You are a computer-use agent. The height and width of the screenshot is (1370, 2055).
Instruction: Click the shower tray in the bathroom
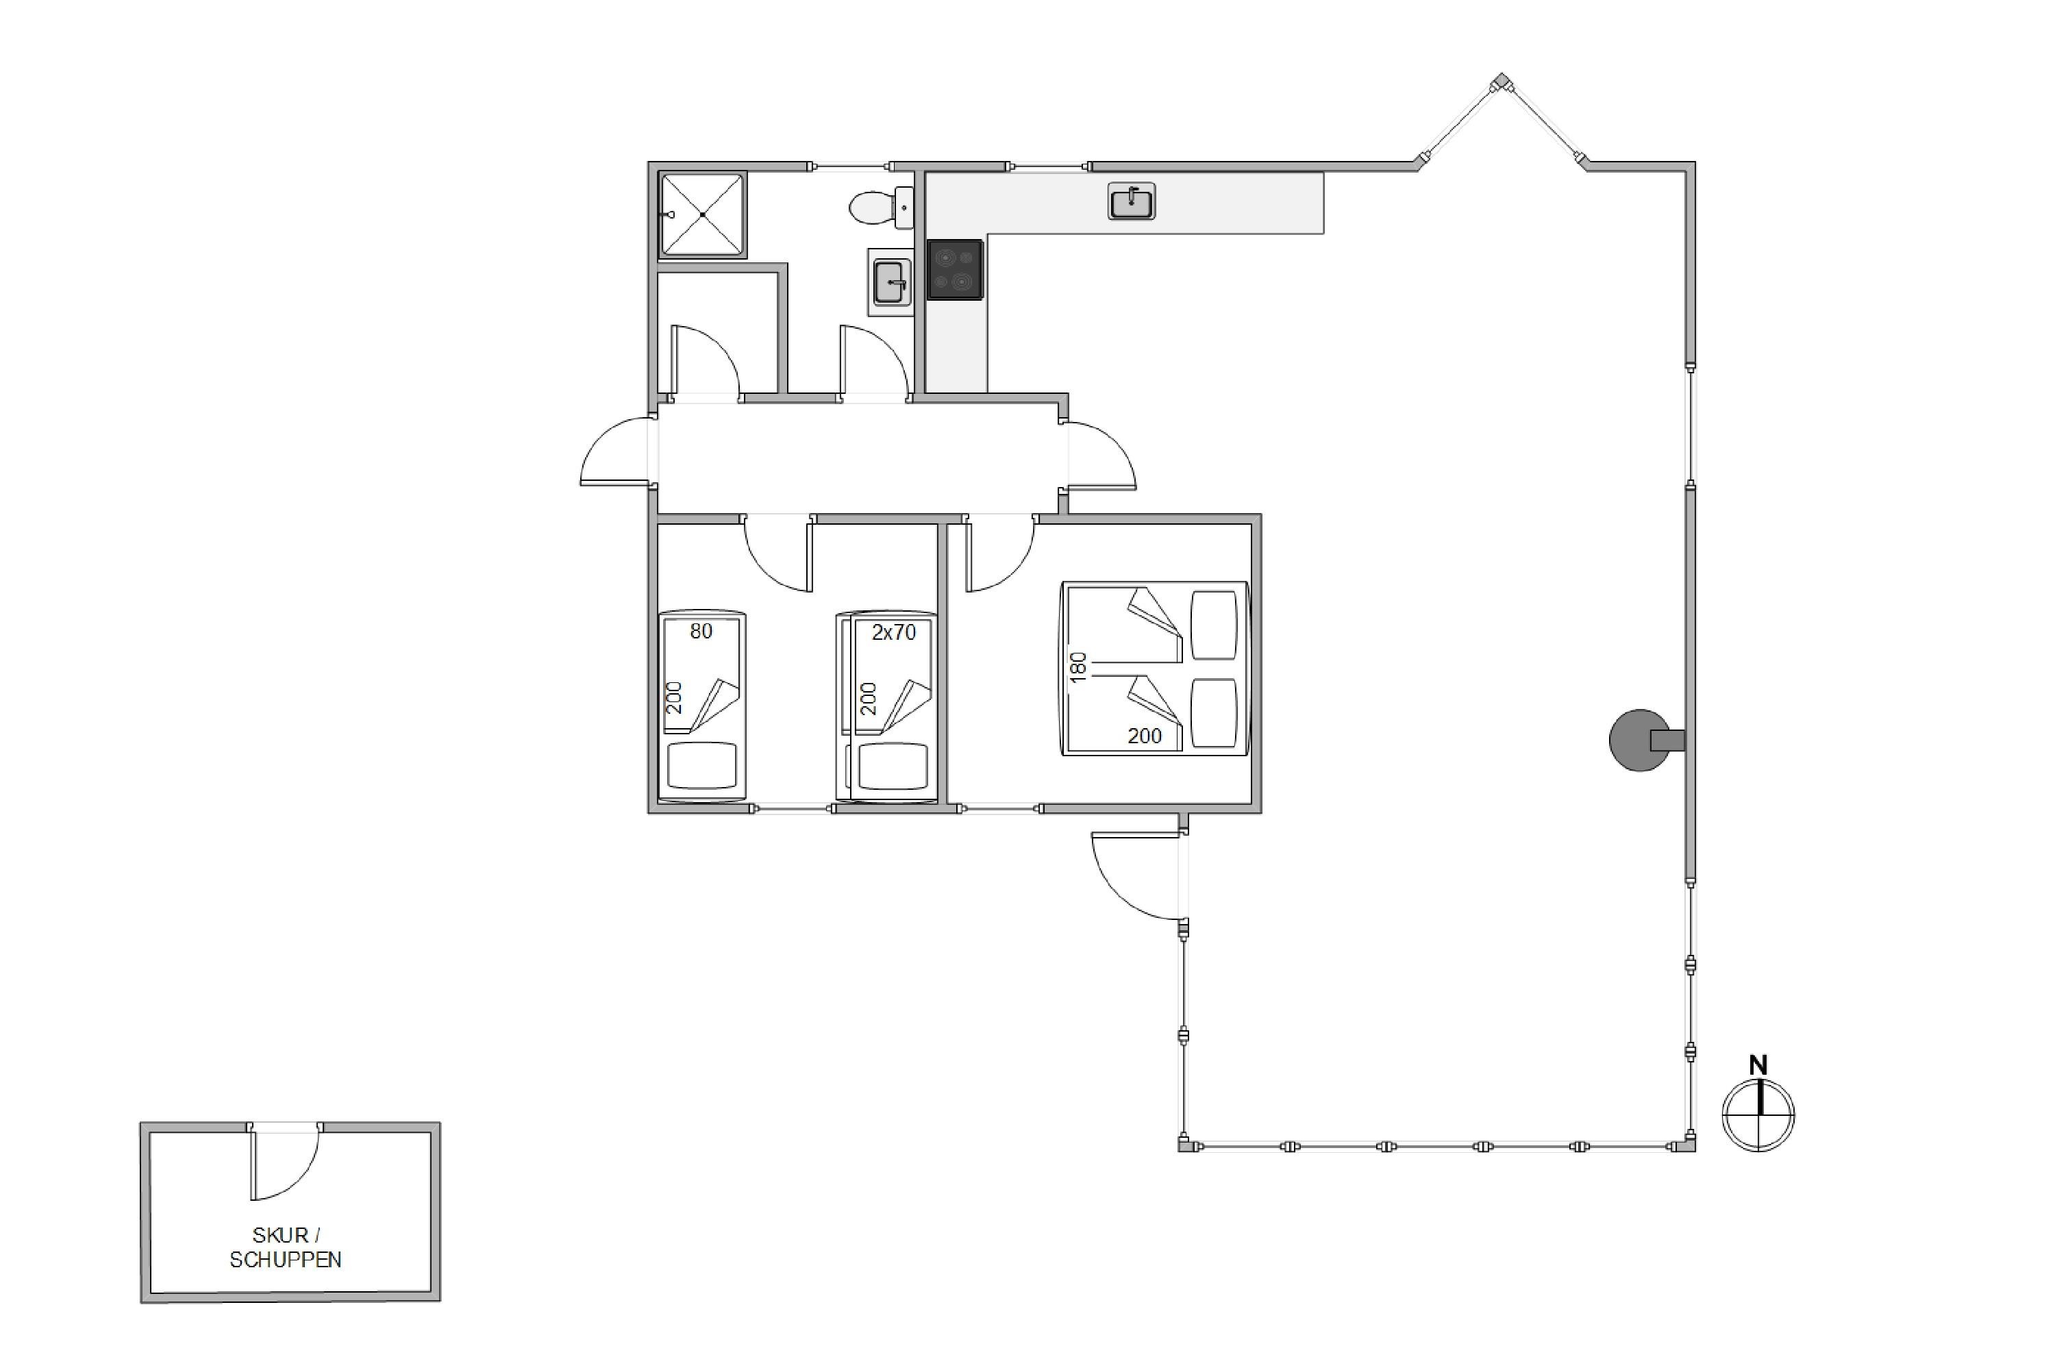(x=703, y=214)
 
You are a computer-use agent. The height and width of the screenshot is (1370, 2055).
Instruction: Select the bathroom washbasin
(x=891, y=282)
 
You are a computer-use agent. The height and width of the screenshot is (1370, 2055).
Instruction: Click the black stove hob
(x=955, y=270)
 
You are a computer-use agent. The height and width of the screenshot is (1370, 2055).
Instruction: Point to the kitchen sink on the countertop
(x=1132, y=202)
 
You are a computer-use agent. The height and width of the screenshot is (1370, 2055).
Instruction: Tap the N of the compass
(x=1758, y=1065)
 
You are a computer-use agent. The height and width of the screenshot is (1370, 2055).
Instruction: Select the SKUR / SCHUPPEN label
(x=286, y=1247)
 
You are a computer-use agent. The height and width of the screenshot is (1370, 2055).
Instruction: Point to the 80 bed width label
(x=701, y=631)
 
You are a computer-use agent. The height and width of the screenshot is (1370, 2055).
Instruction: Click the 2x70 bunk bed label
(x=893, y=632)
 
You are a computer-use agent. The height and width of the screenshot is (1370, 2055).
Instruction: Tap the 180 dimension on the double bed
(x=1078, y=667)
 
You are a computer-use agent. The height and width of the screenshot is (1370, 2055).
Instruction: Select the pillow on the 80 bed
(x=701, y=767)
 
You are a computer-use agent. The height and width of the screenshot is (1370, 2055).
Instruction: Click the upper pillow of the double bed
(x=1215, y=625)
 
